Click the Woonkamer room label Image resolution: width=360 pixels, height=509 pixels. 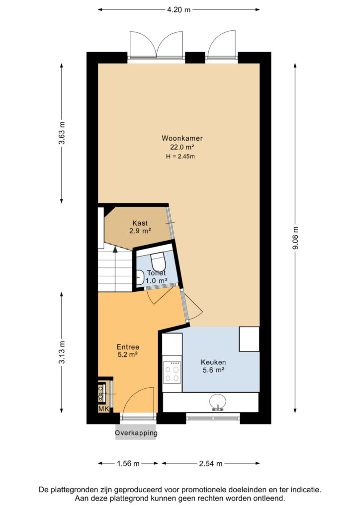[x=182, y=138]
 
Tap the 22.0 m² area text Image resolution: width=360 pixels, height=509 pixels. [x=182, y=147]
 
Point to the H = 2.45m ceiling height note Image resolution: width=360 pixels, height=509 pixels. [x=180, y=157]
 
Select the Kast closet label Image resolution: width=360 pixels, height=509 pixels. [x=140, y=223]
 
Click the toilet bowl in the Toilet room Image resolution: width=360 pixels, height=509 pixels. [x=158, y=260]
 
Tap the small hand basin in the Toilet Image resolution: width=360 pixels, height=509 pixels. [x=140, y=277]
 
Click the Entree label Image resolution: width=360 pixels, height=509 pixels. [x=128, y=347]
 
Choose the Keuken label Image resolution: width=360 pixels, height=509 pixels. [x=213, y=362]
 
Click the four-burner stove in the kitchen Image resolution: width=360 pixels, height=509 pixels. [x=172, y=372]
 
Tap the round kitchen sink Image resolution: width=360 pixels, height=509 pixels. [x=218, y=402]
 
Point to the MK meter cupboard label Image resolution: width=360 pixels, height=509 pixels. [x=103, y=409]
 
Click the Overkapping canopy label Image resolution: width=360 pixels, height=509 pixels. [x=136, y=433]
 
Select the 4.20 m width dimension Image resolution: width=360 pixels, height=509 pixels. [x=179, y=10]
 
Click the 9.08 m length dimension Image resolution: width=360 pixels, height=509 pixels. [x=295, y=238]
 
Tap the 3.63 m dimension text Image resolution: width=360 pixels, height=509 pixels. [x=62, y=133]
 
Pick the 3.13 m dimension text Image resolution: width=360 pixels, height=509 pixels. [x=62, y=352]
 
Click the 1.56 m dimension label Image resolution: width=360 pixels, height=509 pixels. [x=128, y=464]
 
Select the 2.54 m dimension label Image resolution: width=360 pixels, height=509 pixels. [x=211, y=464]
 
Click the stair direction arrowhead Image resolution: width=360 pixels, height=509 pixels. [x=115, y=249]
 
